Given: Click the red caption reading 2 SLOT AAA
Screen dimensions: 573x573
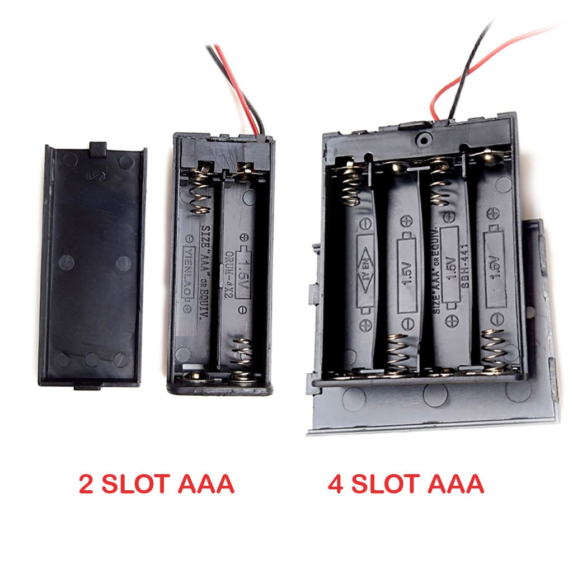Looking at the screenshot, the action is click(x=156, y=484).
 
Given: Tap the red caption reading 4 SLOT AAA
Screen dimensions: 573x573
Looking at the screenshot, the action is click(x=406, y=484).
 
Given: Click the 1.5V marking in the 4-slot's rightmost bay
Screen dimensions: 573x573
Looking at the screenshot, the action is click(x=495, y=269).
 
